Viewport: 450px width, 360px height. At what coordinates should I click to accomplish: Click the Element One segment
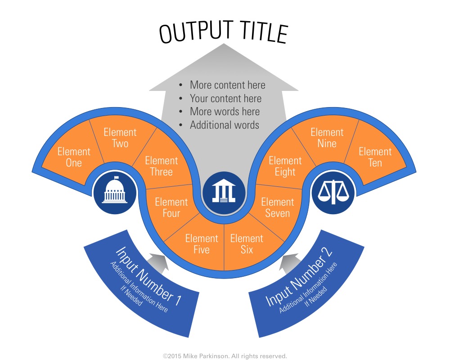[x=73, y=157]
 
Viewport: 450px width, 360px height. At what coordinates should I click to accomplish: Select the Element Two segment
[x=120, y=138]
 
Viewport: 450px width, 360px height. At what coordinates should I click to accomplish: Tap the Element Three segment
[x=161, y=166]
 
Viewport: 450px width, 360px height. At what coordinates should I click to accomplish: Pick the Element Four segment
[x=171, y=207]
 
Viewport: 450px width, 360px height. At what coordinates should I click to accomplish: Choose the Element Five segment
[x=202, y=244]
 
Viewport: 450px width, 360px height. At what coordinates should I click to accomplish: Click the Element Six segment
[x=247, y=244]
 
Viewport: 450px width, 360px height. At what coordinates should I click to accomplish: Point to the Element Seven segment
[x=277, y=207]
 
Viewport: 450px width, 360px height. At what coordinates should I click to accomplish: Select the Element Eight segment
[x=285, y=166]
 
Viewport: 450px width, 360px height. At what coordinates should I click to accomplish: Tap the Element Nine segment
[x=327, y=138]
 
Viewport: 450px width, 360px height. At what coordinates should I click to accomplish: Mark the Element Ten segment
[x=375, y=157]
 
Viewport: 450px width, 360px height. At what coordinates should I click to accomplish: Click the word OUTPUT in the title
[x=194, y=33]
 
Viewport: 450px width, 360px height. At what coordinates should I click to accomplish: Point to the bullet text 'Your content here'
[x=225, y=99]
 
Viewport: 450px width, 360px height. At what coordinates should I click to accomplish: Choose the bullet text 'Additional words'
[x=225, y=125]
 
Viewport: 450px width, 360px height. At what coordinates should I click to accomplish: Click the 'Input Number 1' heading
[x=148, y=276]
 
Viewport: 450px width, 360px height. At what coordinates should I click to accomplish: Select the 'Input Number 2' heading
[x=299, y=276]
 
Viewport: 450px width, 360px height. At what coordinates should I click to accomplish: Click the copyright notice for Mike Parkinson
[x=225, y=356]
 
